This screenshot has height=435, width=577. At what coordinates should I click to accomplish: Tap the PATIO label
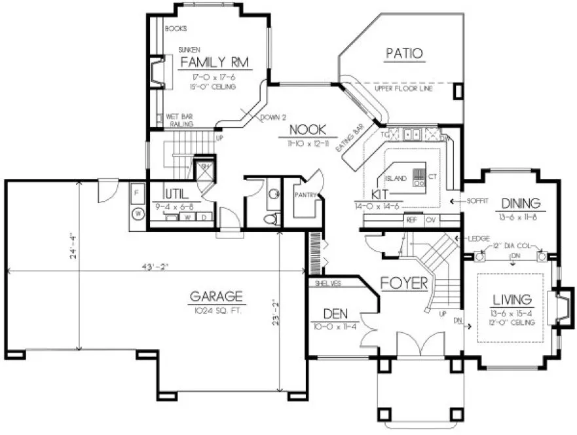click(403, 53)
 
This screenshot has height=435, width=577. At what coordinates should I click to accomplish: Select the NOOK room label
click(305, 130)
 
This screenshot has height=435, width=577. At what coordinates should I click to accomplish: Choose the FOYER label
click(405, 284)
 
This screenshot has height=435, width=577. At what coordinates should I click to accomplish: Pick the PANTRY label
click(305, 195)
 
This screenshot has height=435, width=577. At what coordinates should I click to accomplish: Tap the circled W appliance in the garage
click(138, 214)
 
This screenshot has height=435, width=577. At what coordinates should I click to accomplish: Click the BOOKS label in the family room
click(176, 29)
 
